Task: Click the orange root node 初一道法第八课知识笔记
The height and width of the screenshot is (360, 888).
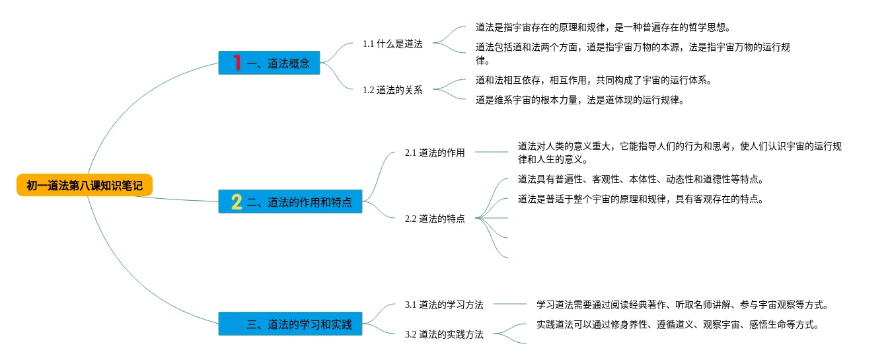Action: coord(85,186)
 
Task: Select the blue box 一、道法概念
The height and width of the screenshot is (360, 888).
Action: coord(270,63)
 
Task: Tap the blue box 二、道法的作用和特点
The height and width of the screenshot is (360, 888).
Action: coord(291,201)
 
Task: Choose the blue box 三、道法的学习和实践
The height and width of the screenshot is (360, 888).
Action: coord(291,324)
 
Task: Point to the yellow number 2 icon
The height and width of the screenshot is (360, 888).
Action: coord(237,201)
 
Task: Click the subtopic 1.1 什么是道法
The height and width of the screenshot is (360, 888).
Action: coord(392,44)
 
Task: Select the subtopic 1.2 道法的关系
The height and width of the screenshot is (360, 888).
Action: coord(392,90)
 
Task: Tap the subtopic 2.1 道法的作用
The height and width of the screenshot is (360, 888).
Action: coord(435,153)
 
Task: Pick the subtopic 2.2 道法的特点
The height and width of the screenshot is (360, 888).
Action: coord(435,219)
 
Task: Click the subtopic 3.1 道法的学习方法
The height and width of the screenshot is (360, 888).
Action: coord(444,305)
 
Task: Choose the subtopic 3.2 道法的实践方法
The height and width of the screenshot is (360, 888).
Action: coord(444,334)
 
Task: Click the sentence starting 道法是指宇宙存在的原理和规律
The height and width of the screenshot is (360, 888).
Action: coord(603,28)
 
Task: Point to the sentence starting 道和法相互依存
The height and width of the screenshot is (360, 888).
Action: coord(593,80)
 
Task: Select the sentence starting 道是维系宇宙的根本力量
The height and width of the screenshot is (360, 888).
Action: coord(579,100)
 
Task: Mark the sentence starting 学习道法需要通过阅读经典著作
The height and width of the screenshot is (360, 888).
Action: coord(683,305)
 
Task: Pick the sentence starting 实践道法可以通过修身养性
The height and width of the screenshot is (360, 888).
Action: coord(678,324)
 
